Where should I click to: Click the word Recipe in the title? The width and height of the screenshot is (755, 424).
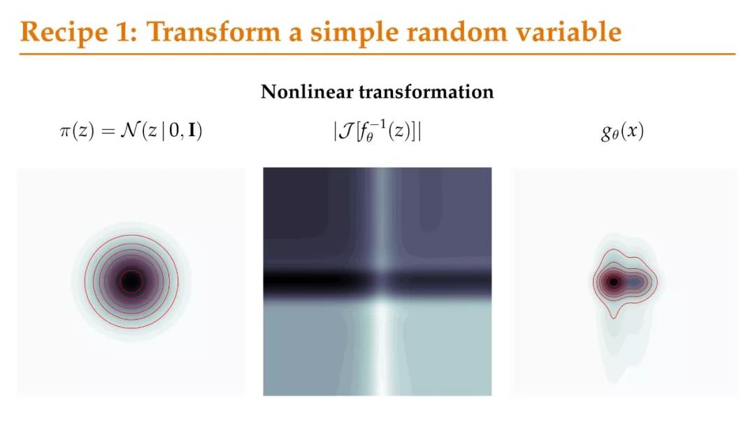click(64, 32)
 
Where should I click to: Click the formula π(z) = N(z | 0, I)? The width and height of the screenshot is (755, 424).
click(131, 131)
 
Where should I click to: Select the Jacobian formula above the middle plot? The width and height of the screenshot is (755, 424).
click(377, 131)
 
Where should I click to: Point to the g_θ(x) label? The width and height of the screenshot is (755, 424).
click(622, 131)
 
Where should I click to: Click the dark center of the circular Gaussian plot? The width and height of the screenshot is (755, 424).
click(131, 282)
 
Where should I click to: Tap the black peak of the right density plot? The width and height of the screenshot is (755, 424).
click(614, 282)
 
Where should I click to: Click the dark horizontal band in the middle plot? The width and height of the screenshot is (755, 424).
click(377, 281)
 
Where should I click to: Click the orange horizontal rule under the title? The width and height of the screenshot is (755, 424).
click(377, 54)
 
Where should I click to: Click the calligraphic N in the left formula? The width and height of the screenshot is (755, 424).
click(129, 130)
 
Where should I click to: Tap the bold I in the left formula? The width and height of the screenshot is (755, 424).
click(192, 131)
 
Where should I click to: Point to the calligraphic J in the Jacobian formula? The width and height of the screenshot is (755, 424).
click(346, 131)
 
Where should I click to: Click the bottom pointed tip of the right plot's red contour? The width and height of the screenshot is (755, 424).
click(614, 318)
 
